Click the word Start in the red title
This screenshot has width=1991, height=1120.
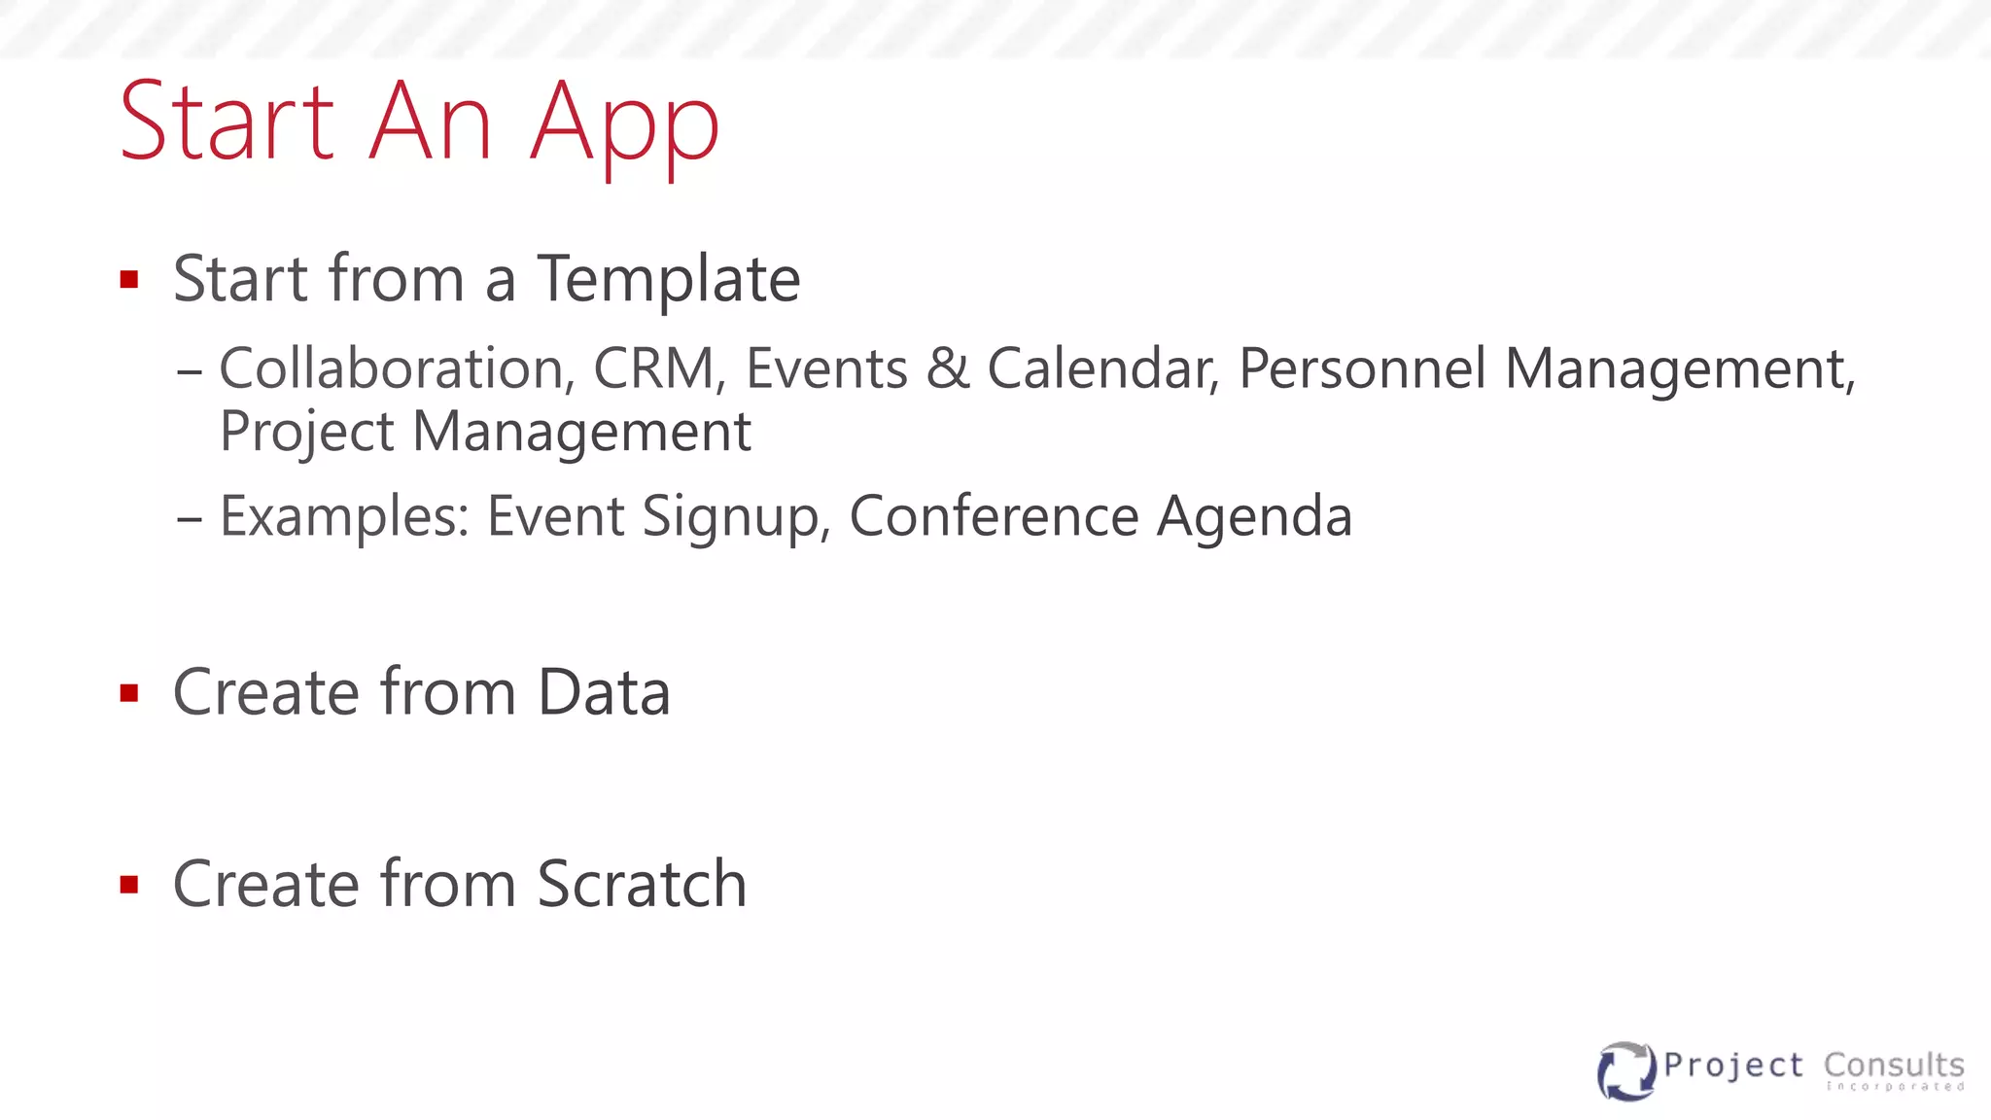coord(227,122)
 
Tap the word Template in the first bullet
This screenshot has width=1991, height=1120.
coord(669,279)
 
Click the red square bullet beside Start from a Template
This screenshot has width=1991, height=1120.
coord(129,280)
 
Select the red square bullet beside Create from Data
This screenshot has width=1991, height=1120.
coord(129,693)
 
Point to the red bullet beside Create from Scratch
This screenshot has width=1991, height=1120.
coord(129,885)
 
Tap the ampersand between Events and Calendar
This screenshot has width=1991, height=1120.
coord(948,369)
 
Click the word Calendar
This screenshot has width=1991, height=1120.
coord(1102,369)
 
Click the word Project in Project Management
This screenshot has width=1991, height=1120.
coord(306,432)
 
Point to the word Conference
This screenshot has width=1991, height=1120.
coord(994,516)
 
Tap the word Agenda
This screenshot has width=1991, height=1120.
coord(1254,516)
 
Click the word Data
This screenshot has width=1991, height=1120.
coord(604,693)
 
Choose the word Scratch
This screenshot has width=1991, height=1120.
coord(642,885)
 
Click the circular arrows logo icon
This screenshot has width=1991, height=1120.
coord(1625,1070)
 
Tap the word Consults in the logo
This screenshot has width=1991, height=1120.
coord(1894,1065)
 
